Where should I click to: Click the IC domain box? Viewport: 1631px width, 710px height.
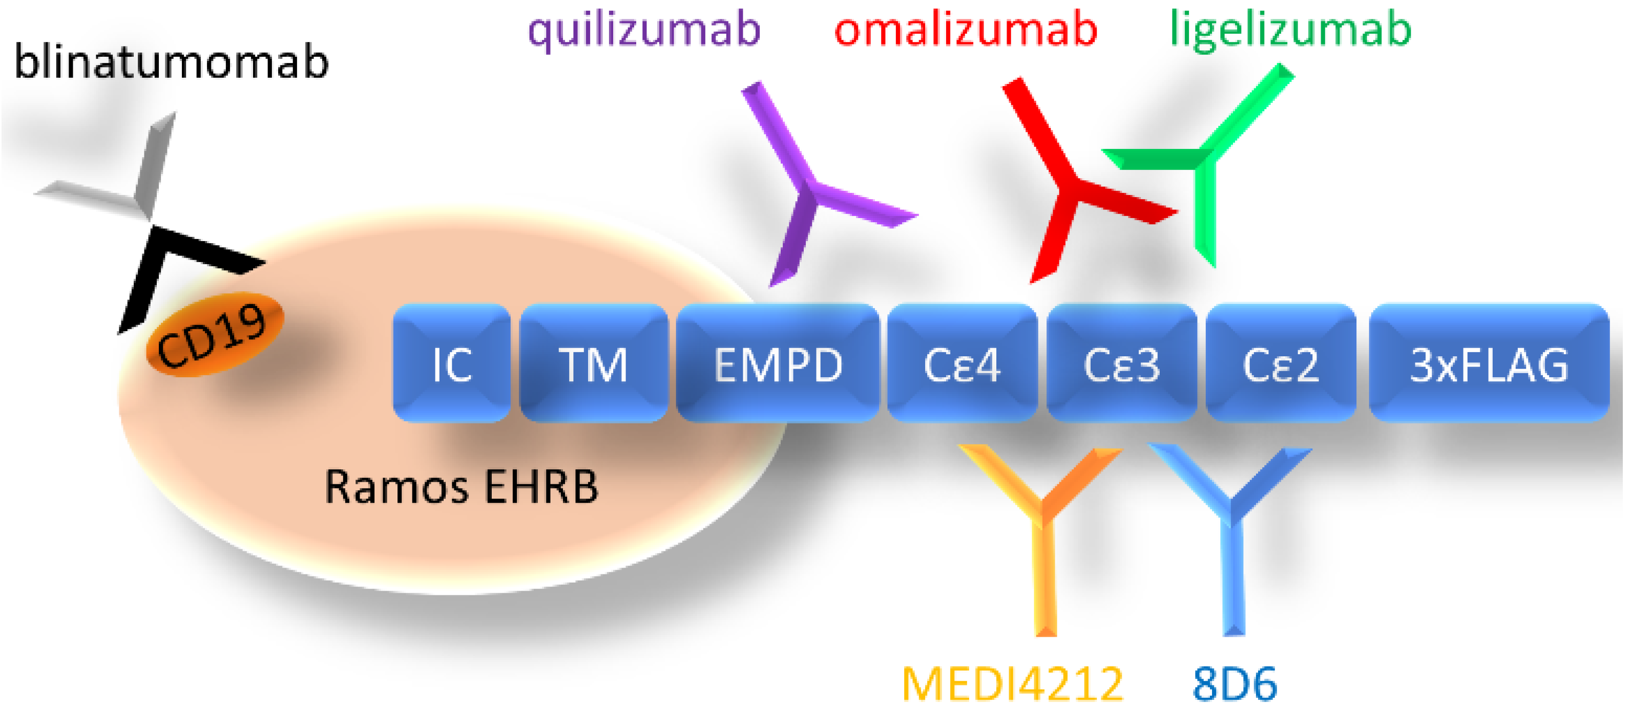click(451, 363)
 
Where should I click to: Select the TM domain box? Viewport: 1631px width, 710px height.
click(593, 363)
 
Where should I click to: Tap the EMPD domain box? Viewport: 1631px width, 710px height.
click(778, 363)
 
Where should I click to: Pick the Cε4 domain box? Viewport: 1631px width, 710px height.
click(962, 363)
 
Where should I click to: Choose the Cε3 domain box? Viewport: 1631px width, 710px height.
click(1121, 363)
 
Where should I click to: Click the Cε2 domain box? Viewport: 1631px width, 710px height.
click(1281, 363)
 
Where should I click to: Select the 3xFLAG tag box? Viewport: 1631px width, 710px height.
click(1489, 363)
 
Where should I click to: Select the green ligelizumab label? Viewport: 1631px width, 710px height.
click(1290, 30)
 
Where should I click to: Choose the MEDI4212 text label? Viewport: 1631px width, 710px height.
click(1012, 683)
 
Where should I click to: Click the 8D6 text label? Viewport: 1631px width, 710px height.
click(1234, 683)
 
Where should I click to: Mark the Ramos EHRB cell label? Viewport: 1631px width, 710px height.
click(461, 487)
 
